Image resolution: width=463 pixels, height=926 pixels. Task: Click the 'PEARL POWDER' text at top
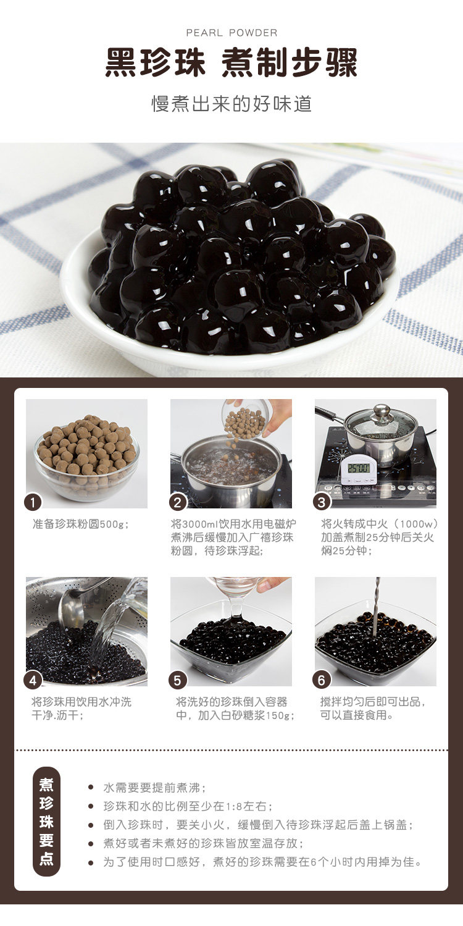pyautogui.click(x=231, y=33)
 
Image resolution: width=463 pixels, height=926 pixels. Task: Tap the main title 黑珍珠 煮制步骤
pyautogui.click(x=231, y=64)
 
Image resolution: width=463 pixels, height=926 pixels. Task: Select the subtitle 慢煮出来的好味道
pyautogui.click(x=231, y=104)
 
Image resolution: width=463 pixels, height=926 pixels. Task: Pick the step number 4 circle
pyautogui.click(x=33, y=680)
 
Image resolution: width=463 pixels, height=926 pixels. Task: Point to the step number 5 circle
pyautogui.click(x=178, y=680)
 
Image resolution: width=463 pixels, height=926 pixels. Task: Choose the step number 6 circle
pyautogui.click(x=322, y=680)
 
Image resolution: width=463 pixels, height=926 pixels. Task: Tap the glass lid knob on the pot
pyautogui.click(x=382, y=411)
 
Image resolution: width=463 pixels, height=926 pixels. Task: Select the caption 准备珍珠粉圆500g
pyautogui.click(x=80, y=524)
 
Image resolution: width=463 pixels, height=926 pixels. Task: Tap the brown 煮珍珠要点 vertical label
pyautogui.click(x=47, y=821)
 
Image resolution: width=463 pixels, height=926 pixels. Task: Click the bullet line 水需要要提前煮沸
pyautogui.click(x=154, y=788)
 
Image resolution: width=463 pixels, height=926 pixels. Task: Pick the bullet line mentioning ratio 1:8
pyautogui.click(x=188, y=806)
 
